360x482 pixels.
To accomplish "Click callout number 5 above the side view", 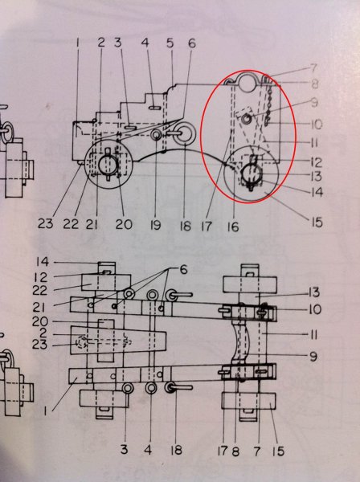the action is tap(170, 43).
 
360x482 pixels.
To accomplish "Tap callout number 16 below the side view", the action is tap(233, 227).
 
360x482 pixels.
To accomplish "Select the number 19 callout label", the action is tap(155, 225).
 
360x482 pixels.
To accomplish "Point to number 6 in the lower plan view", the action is tap(183, 270).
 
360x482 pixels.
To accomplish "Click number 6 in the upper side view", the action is tap(192, 43).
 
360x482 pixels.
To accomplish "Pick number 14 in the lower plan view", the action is tap(42, 262).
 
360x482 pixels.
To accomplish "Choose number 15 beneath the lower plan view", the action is tap(278, 451).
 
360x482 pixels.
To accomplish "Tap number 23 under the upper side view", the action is tap(45, 223).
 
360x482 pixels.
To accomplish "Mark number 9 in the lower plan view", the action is tap(313, 357).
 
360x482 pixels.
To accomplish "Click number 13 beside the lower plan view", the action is tap(314, 292).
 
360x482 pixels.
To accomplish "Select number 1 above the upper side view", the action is tap(77, 43).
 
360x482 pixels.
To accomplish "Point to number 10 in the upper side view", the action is tap(316, 125).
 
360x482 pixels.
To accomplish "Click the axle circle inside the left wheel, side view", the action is tap(108, 162).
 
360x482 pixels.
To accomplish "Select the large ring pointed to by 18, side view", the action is tap(184, 133).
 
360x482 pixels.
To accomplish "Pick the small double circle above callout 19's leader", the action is tap(157, 135).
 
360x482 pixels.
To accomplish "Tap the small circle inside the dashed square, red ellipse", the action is tap(246, 118).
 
